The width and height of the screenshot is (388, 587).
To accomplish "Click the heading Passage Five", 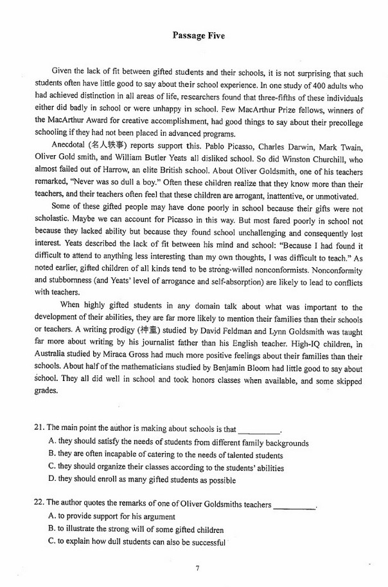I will (x=194, y=36).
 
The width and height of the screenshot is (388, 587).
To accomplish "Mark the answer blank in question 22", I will (x=294, y=505).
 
